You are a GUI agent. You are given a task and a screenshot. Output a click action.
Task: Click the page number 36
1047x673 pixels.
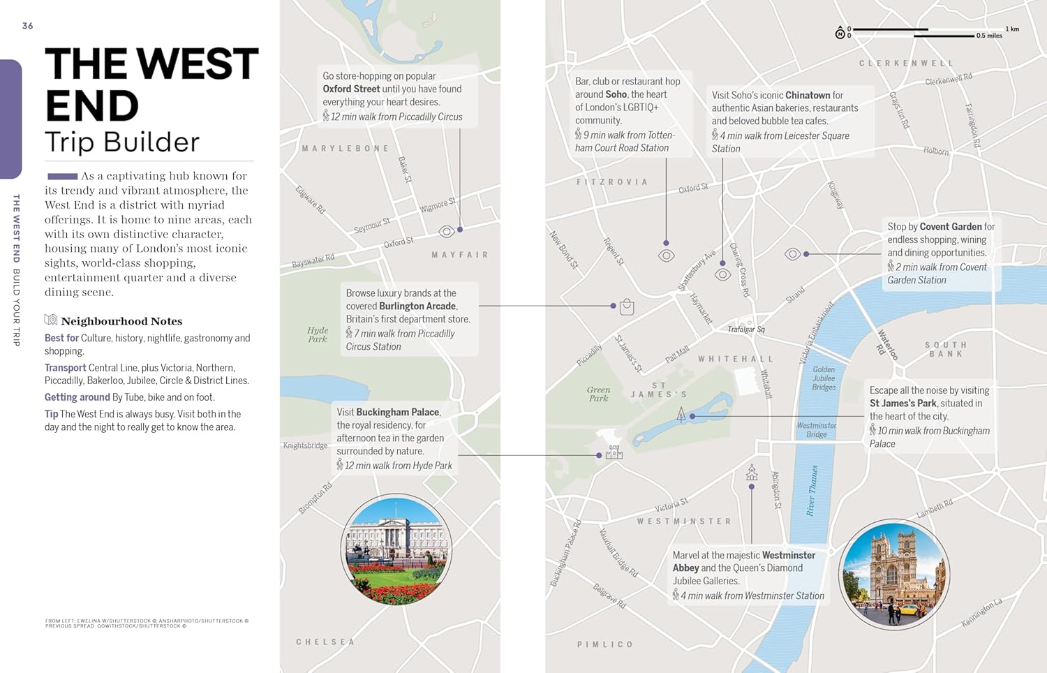click(27, 26)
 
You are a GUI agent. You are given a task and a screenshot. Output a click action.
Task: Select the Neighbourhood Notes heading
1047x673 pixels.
click(121, 321)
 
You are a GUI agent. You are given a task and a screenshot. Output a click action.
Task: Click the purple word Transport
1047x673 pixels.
click(65, 368)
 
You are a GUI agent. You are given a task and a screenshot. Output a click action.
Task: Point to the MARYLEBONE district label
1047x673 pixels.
click(346, 149)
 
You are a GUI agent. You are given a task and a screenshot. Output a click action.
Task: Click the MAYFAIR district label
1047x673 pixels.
click(460, 255)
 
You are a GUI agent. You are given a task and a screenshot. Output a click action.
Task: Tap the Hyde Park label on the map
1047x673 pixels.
click(318, 334)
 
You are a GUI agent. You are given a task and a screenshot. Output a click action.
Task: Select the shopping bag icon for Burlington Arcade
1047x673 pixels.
click(627, 306)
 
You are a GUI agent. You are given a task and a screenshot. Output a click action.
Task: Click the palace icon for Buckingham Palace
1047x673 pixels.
click(614, 452)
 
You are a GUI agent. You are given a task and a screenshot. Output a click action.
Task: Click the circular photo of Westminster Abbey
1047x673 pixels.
click(894, 575)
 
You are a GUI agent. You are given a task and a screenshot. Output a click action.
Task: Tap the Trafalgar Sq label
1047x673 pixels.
click(746, 329)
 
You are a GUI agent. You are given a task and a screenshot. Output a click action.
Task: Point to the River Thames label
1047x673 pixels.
click(812, 490)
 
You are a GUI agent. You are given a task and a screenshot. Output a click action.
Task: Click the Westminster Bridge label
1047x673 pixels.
click(817, 429)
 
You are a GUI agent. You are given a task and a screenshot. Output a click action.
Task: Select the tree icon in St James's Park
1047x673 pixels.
click(681, 415)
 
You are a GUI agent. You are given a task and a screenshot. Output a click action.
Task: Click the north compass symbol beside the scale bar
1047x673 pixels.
click(840, 33)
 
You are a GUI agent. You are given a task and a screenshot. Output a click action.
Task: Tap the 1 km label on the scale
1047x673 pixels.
click(1012, 29)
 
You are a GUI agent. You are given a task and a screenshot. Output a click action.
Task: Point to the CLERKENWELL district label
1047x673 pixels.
click(906, 64)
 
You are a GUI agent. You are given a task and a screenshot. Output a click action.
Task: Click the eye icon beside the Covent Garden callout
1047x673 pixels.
click(793, 254)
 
